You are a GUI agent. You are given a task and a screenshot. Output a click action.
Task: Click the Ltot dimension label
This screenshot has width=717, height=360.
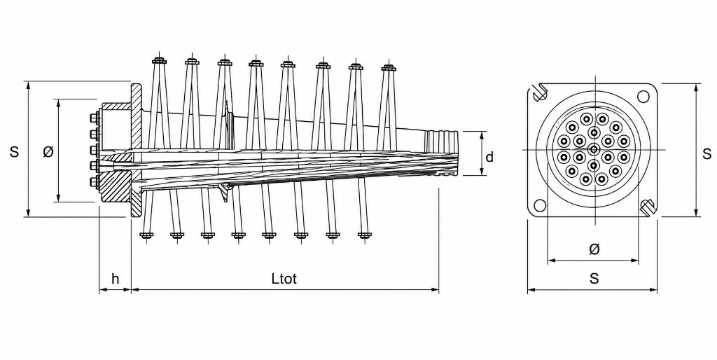pyautogui.click(x=284, y=278)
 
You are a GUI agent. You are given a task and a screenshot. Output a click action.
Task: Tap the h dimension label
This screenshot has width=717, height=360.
pyautogui.click(x=116, y=278)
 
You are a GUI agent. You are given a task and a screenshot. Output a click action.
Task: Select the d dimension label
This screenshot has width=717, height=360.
pyautogui.click(x=489, y=157)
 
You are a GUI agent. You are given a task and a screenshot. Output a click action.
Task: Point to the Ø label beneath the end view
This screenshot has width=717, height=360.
pyautogui.click(x=594, y=249)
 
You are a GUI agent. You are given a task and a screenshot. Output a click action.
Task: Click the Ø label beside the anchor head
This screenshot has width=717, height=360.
pyautogui.click(x=48, y=151)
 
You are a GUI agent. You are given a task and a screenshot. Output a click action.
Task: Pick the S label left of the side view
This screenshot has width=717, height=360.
pyautogui.click(x=15, y=151)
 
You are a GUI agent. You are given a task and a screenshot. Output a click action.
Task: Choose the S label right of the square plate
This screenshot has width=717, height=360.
pyautogui.click(x=707, y=153)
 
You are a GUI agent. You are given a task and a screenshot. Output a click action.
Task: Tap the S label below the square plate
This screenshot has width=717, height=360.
pyautogui.click(x=594, y=278)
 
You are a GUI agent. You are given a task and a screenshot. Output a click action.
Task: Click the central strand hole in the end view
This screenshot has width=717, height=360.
pyautogui.click(x=594, y=148)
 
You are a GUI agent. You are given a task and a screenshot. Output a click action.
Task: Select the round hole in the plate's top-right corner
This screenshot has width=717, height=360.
pyautogui.click(x=643, y=97)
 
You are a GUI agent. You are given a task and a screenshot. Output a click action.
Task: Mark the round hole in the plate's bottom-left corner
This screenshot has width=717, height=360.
pyautogui.click(x=541, y=206)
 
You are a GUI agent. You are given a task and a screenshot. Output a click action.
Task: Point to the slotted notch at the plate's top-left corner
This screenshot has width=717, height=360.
pyautogui.click(x=540, y=92)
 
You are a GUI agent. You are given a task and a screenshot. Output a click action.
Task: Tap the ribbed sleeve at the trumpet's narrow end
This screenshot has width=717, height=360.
pyautogui.click(x=441, y=138)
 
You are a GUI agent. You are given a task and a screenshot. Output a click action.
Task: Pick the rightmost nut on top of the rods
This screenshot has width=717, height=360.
pyautogui.click(x=388, y=68)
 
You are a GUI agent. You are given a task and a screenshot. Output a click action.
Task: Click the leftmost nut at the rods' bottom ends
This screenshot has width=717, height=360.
pyautogui.click(x=146, y=235)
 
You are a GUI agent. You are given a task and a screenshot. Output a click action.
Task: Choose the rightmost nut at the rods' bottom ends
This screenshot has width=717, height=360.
pyautogui.click(x=364, y=235)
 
